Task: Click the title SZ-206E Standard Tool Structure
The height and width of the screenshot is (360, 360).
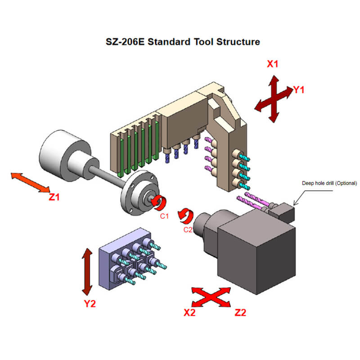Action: click(x=182, y=42)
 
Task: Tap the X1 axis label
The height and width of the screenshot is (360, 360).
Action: click(x=273, y=64)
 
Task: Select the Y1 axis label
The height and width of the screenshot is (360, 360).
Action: click(x=299, y=90)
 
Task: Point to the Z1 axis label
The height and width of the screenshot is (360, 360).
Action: click(x=54, y=197)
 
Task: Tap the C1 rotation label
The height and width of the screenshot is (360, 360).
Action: click(x=165, y=216)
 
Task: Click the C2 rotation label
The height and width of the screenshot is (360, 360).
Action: click(x=189, y=229)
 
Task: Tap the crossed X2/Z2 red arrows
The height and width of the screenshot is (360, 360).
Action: click(x=211, y=297)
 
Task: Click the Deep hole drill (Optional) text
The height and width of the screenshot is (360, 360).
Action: click(x=329, y=183)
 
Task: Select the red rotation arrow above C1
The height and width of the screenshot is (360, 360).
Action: click(x=158, y=202)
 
